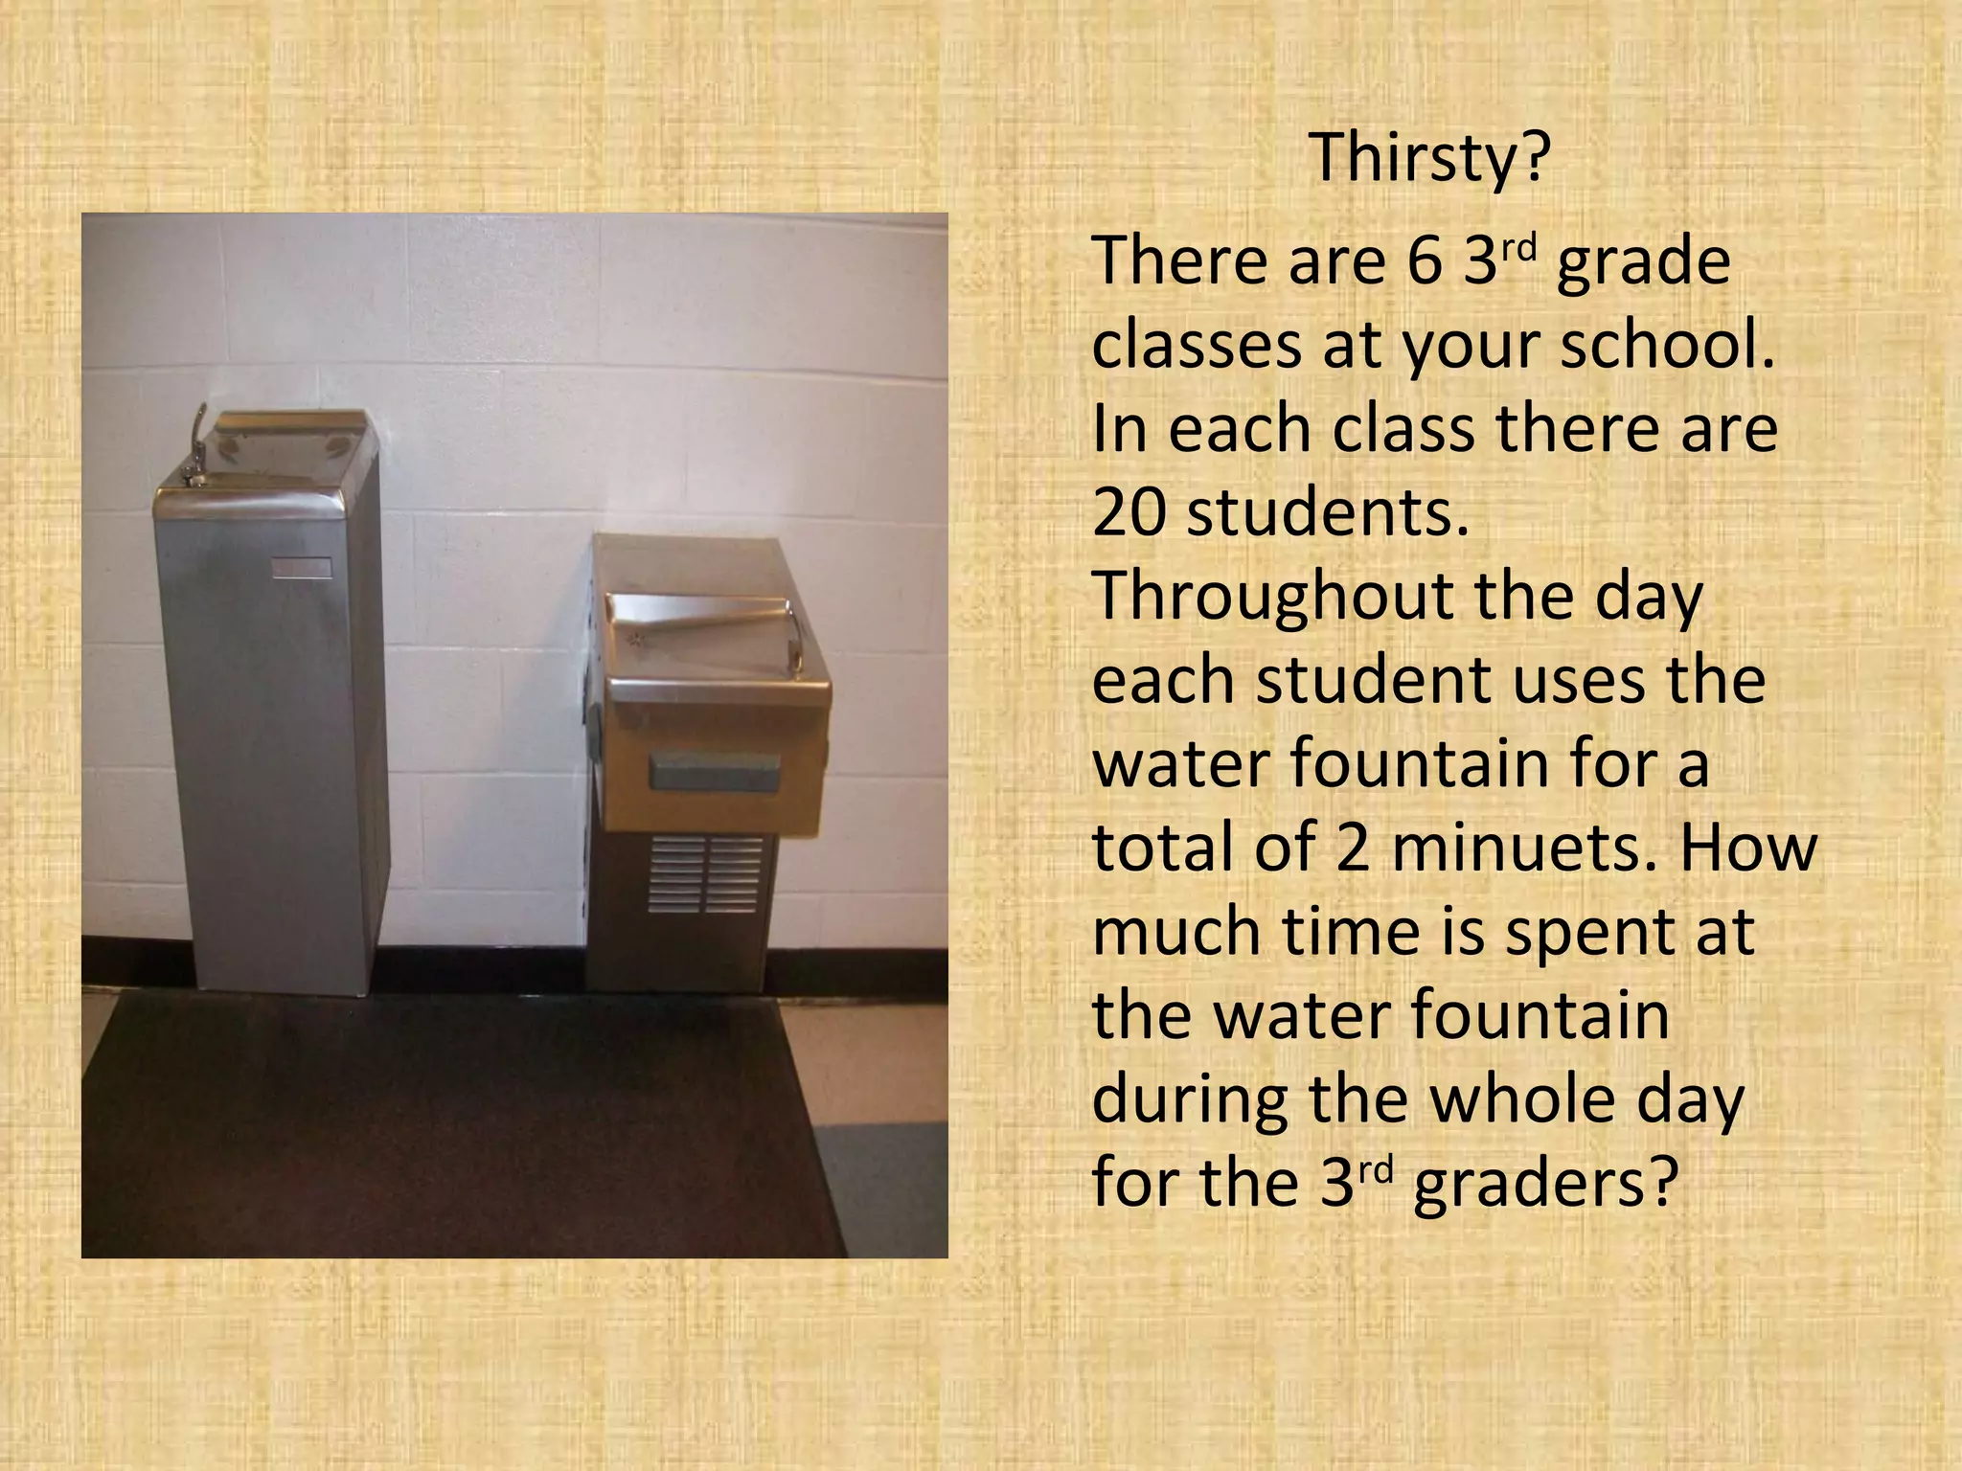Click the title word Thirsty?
pyautogui.click(x=1428, y=158)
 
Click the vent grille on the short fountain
pyautogui.click(x=706, y=873)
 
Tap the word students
pyautogui.click(x=1327, y=513)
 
